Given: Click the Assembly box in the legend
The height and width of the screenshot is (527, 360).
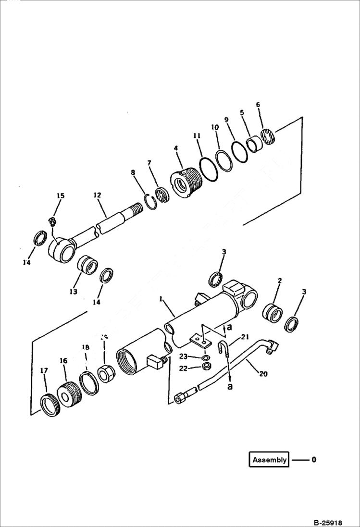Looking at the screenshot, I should pos(269,460).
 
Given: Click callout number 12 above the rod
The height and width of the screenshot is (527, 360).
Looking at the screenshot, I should pos(97,195).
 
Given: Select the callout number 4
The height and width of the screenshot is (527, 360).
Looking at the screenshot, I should pos(175,149).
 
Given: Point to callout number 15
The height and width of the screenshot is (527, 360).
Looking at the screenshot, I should pos(60,196).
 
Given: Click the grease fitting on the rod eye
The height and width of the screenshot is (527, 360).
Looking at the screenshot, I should pos(52,222).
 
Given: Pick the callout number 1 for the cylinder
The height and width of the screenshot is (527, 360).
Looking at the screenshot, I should pos(161,298).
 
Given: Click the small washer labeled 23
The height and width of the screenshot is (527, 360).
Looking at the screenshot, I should pos(205,358).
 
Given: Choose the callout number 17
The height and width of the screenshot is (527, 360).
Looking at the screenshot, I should pos(44,370).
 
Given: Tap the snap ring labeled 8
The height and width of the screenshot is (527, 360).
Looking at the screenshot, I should pos(151,201).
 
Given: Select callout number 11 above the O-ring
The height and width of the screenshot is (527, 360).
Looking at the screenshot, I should pos(197,136).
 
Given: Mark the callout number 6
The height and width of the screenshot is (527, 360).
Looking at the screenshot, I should pos(258,104).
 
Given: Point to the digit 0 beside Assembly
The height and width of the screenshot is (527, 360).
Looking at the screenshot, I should pos(314,460).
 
